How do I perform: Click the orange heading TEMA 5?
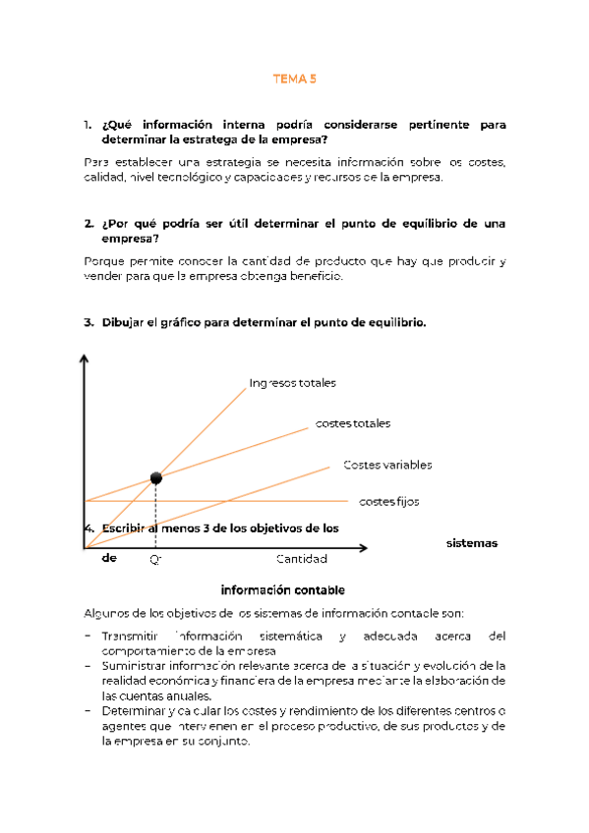point(295,80)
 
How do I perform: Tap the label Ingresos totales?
point(292,382)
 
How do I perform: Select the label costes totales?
point(352,423)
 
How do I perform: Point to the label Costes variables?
point(387,465)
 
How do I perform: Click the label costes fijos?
point(388,501)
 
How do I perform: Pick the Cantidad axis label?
point(301,559)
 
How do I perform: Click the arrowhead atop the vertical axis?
point(86,361)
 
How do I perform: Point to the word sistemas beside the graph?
point(472,543)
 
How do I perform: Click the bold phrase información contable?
point(282,590)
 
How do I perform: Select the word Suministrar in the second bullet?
point(136,665)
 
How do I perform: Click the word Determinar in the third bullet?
point(135,711)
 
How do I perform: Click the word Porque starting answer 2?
point(105,261)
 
